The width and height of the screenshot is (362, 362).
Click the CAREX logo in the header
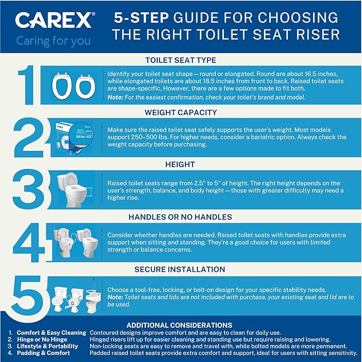click(x=54, y=20)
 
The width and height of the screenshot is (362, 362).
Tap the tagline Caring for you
click(x=53, y=41)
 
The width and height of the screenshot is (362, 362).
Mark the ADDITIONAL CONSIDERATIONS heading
click(x=179, y=325)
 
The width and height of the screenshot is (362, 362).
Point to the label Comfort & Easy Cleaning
click(x=51, y=333)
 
